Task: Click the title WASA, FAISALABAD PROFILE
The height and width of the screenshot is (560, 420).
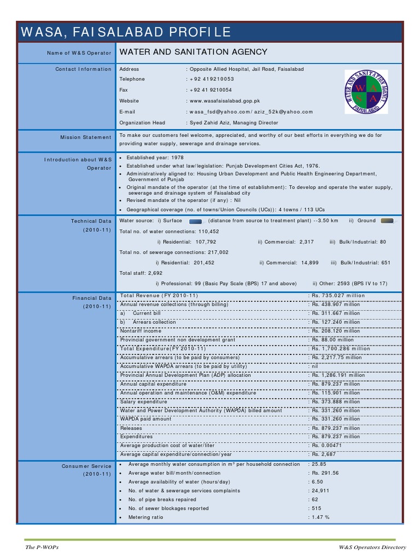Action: tap(126, 32)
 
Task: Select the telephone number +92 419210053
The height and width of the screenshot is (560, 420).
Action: tap(212, 79)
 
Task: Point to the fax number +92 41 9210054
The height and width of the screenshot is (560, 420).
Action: tap(211, 90)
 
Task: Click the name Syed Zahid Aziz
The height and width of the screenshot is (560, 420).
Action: tap(208, 123)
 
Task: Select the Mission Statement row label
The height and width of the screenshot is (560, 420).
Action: tap(86, 137)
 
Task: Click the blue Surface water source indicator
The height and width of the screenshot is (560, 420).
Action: tap(195, 221)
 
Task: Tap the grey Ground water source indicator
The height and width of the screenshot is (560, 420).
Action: tap(387, 221)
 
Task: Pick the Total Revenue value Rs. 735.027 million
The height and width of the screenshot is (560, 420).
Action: tap(337, 296)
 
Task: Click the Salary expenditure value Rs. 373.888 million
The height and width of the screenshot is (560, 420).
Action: tap(336, 402)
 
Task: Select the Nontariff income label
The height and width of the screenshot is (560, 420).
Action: tap(141, 331)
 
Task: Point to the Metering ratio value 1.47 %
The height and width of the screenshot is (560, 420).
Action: tap(320, 517)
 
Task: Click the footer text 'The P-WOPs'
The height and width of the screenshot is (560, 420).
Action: tap(42, 547)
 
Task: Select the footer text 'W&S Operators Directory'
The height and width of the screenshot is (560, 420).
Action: tap(372, 547)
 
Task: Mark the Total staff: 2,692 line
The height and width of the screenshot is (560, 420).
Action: tap(141, 272)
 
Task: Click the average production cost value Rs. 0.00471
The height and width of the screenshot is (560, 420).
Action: tap(328, 446)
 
